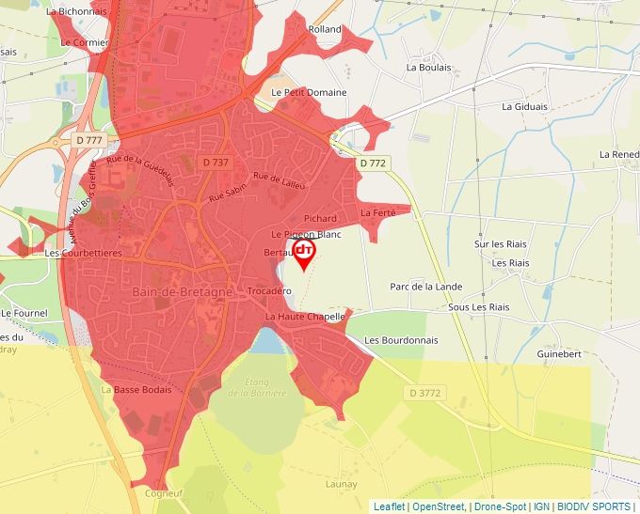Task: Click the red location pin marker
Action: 304,253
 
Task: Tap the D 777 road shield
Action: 89,140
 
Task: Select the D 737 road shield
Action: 216,162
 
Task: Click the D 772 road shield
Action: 373,163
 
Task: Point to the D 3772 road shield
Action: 425,391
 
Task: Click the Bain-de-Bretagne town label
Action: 183,292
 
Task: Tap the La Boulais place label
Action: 428,68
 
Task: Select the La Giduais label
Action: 524,106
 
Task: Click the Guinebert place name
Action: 559,354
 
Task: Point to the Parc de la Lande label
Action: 426,287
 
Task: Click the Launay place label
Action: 340,484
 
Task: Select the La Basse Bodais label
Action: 136,389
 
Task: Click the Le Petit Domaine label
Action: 309,92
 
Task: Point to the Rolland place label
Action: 325,29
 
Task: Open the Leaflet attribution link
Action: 389,506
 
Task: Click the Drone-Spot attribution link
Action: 501,506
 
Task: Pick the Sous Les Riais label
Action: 478,307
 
